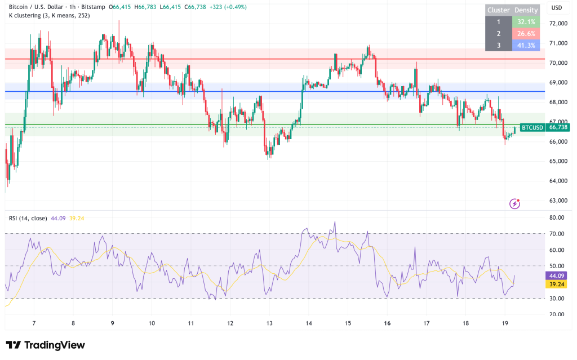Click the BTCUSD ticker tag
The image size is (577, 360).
(x=532, y=128)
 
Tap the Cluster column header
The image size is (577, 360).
(x=499, y=10)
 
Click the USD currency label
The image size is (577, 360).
(x=557, y=8)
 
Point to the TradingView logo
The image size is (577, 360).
(x=45, y=345)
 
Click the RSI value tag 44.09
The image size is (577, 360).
(x=557, y=276)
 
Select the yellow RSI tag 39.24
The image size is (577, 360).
(x=557, y=285)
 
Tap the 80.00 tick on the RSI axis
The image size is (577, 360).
(x=557, y=217)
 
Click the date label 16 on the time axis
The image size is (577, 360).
(x=388, y=323)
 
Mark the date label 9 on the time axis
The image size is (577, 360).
(x=113, y=323)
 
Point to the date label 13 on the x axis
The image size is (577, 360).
(x=269, y=323)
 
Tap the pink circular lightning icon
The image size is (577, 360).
(x=514, y=204)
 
